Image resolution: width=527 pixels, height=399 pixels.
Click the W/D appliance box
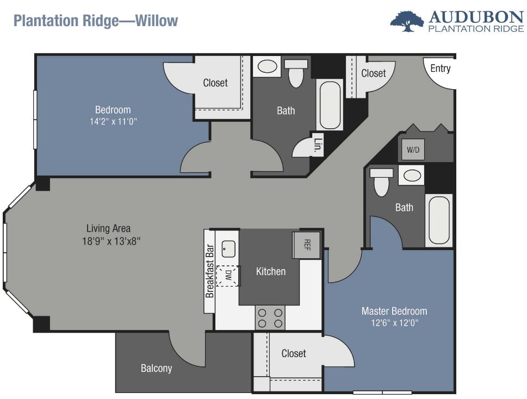click(413, 149)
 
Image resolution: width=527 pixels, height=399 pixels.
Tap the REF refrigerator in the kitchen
click(306, 245)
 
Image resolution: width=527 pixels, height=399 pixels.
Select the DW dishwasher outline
click(228, 276)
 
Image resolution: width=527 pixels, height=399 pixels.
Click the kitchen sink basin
click(228, 249)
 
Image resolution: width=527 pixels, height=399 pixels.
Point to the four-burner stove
click(270, 317)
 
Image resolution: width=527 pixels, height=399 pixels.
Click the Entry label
click(441, 68)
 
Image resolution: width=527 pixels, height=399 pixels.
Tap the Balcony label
click(156, 369)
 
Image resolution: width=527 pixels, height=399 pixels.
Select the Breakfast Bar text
click(210, 271)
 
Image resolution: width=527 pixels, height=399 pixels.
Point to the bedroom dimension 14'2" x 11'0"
click(113, 121)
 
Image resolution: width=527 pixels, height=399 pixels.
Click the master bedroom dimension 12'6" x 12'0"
click(395, 323)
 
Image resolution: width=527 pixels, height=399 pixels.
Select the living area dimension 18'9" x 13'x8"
click(111, 241)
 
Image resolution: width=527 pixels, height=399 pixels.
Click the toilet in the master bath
click(381, 182)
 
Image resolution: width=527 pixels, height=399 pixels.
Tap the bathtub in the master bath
click(439, 220)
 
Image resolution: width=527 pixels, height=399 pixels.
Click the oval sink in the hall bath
click(267, 66)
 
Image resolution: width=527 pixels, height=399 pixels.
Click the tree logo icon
click(407, 22)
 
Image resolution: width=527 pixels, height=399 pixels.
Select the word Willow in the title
click(156, 21)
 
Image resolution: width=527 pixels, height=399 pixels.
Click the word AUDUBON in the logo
click(476, 17)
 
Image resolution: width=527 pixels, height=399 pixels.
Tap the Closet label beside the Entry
click(374, 73)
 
